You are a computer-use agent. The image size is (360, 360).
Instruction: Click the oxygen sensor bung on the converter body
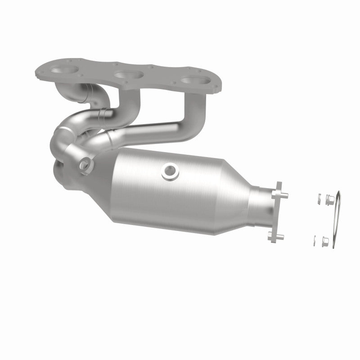click(x=170, y=170)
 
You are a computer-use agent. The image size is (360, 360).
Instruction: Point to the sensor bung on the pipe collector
click(x=84, y=165)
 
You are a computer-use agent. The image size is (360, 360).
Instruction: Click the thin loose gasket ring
click(x=336, y=220)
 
